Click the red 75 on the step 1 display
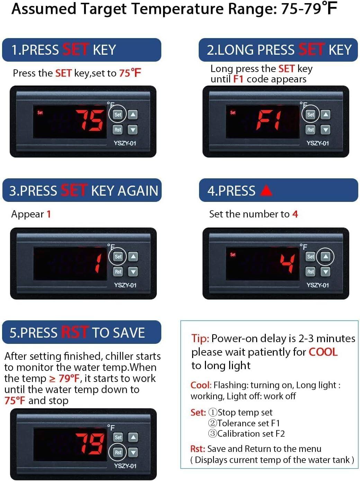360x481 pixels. point(90,120)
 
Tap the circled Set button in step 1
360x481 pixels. point(118,114)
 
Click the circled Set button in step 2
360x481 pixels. point(310,114)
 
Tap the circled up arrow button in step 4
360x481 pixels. point(325,257)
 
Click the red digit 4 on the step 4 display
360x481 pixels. point(288,263)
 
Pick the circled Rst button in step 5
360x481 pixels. point(118,452)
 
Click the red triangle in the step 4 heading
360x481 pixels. point(266,190)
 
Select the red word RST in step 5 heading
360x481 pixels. point(74,332)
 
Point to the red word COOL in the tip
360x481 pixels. point(323,352)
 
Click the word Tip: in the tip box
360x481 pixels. point(200,338)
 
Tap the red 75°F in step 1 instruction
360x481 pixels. point(130,73)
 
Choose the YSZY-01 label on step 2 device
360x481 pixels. point(317,143)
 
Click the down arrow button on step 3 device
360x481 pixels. point(133,272)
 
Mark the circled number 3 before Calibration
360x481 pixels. point(212,434)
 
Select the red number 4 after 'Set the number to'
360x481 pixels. point(295,214)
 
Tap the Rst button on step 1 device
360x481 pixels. point(118,130)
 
